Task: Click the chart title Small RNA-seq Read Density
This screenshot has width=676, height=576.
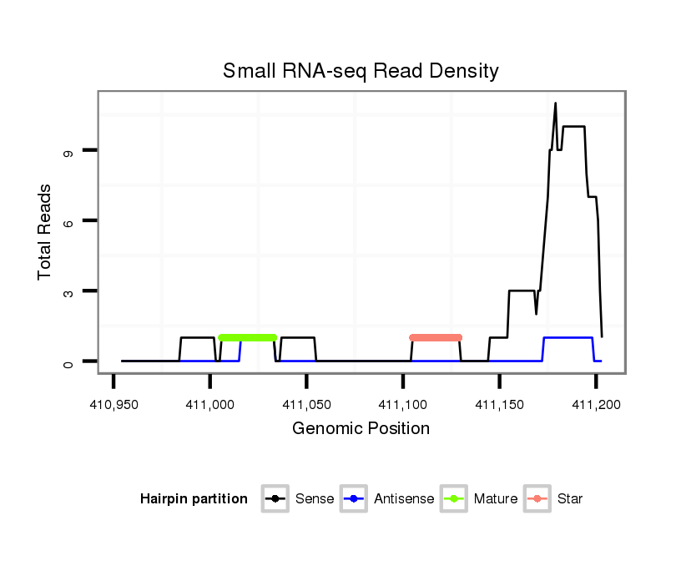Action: click(361, 71)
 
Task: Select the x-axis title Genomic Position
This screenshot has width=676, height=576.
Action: click(361, 429)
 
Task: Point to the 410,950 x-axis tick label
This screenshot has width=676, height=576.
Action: click(114, 405)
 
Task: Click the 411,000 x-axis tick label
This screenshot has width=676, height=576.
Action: click(209, 405)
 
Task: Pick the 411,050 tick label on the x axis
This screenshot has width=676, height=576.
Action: click(306, 405)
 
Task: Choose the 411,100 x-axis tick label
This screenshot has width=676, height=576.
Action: click(403, 405)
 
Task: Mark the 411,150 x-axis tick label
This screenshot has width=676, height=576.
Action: click(499, 405)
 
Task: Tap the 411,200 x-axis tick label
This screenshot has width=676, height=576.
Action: click(595, 405)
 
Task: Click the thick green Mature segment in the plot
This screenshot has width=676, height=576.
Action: click(247, 337)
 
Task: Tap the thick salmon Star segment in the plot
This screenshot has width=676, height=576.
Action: click(436, 337)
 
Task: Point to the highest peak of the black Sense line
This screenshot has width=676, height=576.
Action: click(555, 104)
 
